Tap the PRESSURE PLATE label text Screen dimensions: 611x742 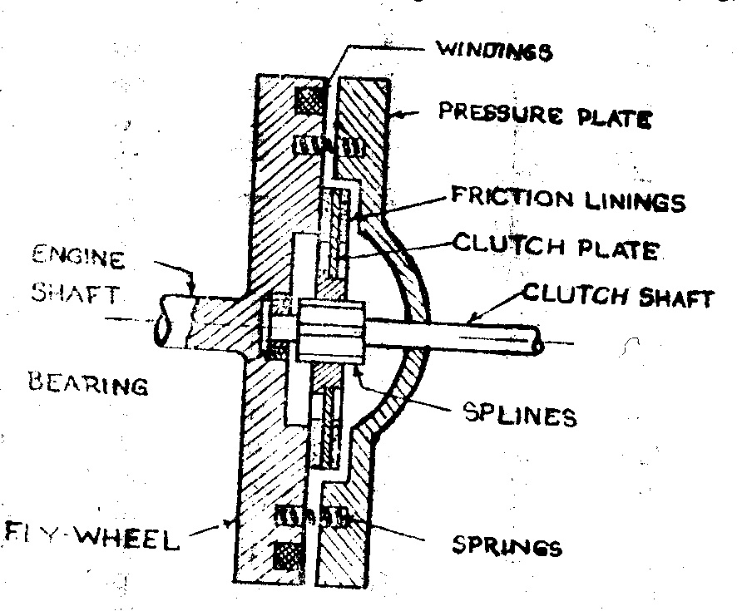[x=545, y=116]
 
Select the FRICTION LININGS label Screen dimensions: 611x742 [x=567, y=200]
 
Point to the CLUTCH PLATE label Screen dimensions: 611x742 [x=555, y=248]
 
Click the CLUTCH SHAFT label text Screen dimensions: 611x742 [x=617, y=296]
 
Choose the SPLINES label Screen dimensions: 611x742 [x=522, y=414]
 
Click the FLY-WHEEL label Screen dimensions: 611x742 [x=92, y=540]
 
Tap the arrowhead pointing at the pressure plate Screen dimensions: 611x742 [x=398, y=116]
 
